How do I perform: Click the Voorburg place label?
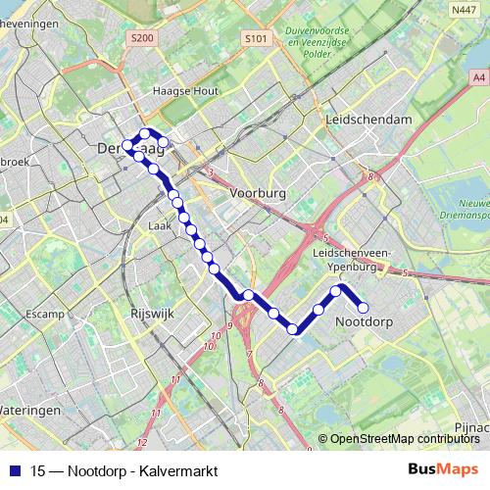[257, 194]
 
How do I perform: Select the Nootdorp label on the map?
[364, 321]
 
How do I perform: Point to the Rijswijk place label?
[150, 315]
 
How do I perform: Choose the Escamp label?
[46, 315]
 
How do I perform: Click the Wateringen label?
[29, 409]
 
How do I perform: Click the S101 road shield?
[256, 38]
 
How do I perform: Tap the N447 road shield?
[465, 10]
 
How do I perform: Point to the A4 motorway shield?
[477, 76]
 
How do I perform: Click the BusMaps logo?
[443, 468]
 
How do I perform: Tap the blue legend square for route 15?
[14, 469]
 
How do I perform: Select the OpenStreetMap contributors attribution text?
[405, 439]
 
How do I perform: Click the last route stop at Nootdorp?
[363, 307]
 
